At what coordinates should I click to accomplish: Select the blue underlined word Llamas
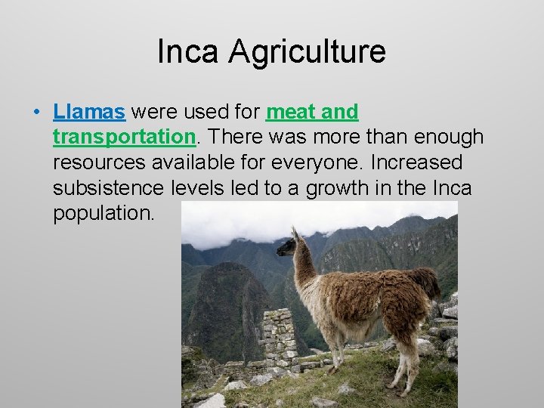(89, 113)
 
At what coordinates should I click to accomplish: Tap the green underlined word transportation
(125, 138)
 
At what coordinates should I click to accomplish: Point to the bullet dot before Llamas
(36, 113)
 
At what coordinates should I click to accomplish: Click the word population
(104, 213)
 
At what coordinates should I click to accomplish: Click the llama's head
(289, 244)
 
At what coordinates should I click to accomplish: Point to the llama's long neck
(304, 272)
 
